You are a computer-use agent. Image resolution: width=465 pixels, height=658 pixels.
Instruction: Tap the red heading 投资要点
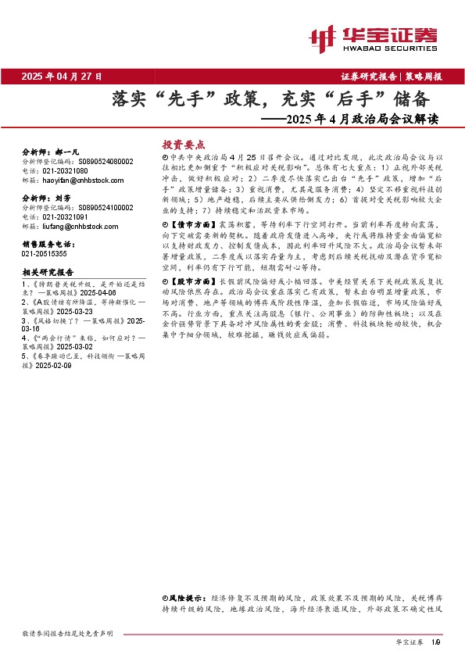coord(183,145)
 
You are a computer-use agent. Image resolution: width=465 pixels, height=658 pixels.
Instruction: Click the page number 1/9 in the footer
coord(436,642)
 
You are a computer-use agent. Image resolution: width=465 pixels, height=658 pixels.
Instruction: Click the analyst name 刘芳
coord(64,198)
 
